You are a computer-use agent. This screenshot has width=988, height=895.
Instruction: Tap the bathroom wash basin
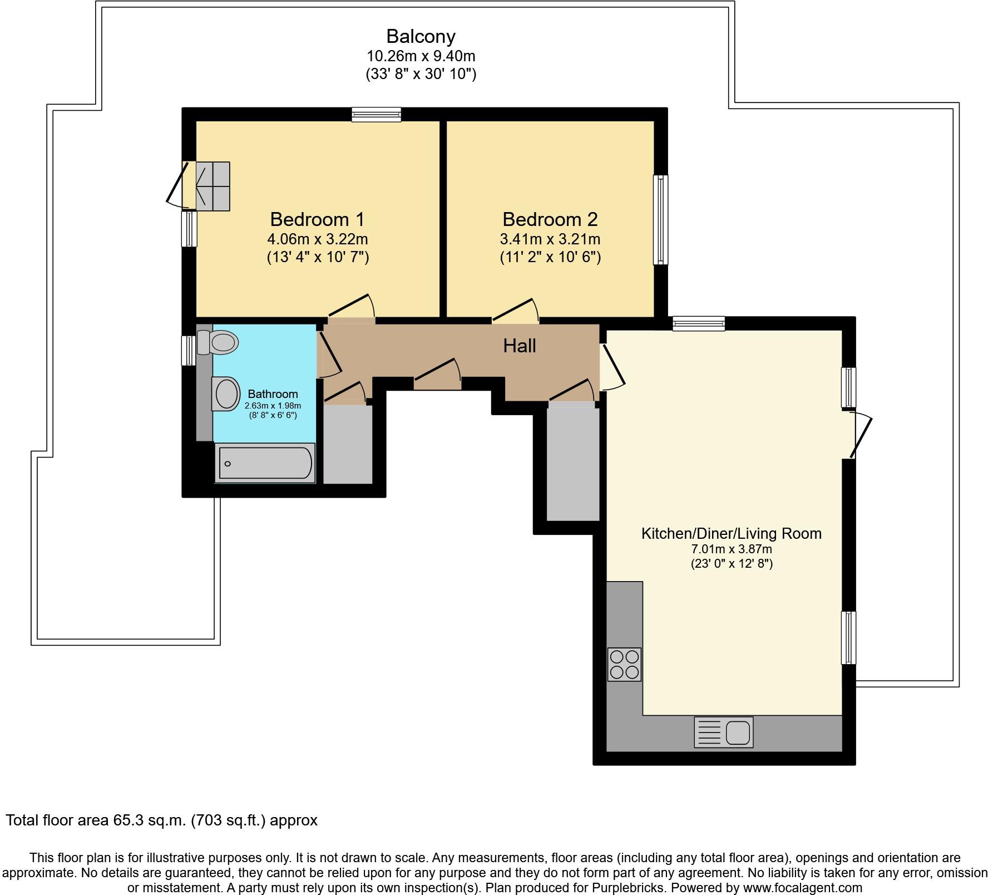click(x=226, y=394)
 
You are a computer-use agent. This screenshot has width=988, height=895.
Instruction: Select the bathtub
click(x=265, y=463)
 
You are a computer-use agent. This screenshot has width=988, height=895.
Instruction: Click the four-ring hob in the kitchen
click(x=624, y=664)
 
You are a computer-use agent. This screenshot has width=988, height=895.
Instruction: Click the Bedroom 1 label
click(x=317, y=219)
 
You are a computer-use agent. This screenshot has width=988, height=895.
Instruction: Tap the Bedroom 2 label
click(x=550, y=219)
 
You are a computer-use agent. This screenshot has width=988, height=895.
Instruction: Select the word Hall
click(x=519, y=346)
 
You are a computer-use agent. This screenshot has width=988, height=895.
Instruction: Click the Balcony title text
click(x=421, y=36)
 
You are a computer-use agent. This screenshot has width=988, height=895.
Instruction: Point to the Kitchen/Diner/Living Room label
click(x=731, y=533)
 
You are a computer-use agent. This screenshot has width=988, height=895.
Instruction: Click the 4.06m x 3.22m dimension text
click(x=317, y=239)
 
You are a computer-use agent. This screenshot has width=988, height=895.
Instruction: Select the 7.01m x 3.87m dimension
click(x=731, y=549)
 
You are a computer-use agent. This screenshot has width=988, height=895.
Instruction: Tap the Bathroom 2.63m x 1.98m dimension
click(x=273, y=406)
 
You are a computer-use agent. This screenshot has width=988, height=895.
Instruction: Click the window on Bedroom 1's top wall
click(x=376, y=115)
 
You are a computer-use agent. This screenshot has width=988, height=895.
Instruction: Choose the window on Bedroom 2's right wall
click(x=660, y=219)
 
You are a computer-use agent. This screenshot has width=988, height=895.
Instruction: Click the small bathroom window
click(x=189, y=350)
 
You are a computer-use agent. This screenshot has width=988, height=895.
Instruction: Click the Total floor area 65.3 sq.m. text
click(x=161, y=820)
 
